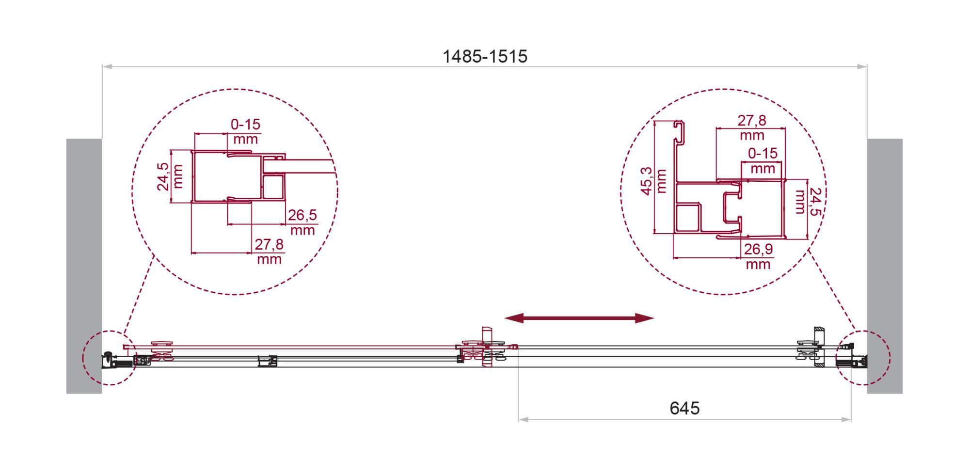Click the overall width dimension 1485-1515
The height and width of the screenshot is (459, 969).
485,57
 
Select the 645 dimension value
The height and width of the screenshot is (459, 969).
684,408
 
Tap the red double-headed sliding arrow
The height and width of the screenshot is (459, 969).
579,318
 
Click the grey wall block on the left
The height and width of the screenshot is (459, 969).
84,266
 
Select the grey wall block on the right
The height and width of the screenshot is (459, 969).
885,266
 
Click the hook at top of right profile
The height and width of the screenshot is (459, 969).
680,131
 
